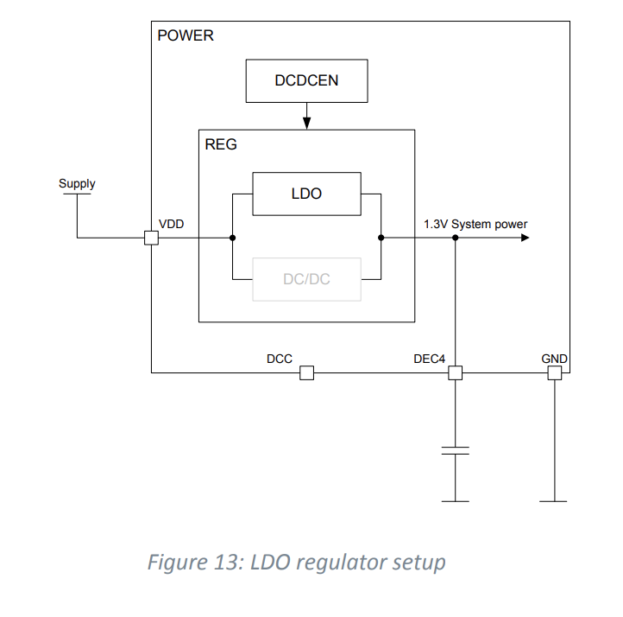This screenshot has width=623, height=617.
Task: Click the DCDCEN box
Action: [306, 81]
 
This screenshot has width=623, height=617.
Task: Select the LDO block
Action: [306, 194]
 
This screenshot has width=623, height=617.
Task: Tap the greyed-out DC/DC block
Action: [306, 279]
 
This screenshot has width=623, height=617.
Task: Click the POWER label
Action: [186, 36]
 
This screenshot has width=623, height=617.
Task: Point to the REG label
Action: [221, 144]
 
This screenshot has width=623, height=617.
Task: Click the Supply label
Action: [77, 183]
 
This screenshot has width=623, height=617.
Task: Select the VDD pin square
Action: [151, 238]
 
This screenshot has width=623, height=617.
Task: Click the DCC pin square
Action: [306, 372]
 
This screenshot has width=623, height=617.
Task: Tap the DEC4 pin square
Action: [455, 372]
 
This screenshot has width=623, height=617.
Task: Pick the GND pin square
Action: [554, 372]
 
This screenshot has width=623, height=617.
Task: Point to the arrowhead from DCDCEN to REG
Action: [306, 124]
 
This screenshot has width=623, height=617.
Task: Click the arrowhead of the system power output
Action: [524, 238]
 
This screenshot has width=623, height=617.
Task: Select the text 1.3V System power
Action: [475, 224]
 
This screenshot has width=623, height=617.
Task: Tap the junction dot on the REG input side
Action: [233, 238]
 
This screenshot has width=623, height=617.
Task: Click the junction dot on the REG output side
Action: [381, 238]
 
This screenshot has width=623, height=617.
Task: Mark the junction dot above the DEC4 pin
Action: [455, 238]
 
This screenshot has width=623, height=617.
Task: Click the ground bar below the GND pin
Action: [554, 501]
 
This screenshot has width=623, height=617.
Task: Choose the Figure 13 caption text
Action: [297, 563]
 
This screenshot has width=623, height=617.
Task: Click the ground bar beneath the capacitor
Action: [455, 501]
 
